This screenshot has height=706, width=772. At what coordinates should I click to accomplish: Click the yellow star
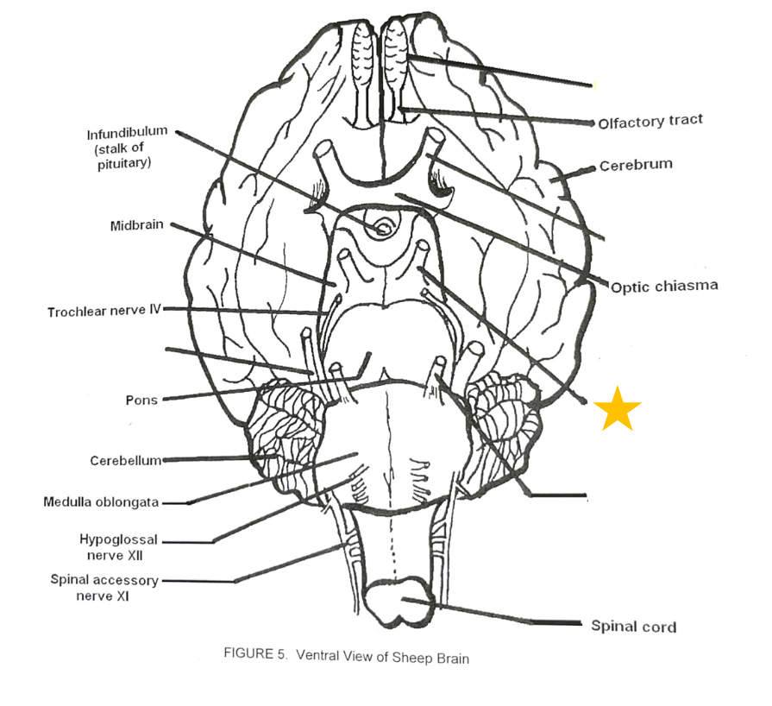tap(618, 409)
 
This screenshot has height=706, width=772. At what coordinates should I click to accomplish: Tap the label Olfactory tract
tap(650, 122)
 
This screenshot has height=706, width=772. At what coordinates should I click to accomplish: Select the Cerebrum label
tap(636, 164)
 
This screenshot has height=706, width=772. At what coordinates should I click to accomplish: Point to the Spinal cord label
tap(633, 626)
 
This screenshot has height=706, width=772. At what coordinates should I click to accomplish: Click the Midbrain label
tap(137, 226)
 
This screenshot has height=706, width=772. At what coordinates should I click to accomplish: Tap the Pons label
tap(141, 400)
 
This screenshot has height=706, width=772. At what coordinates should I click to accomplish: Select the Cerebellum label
tap(126, 461)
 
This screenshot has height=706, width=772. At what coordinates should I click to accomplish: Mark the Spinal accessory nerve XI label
tap(104, 588)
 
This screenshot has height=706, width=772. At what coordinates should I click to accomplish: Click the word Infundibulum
tap(127, 134)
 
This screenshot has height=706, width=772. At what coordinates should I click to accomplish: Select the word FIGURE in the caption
tap(248, 653)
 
